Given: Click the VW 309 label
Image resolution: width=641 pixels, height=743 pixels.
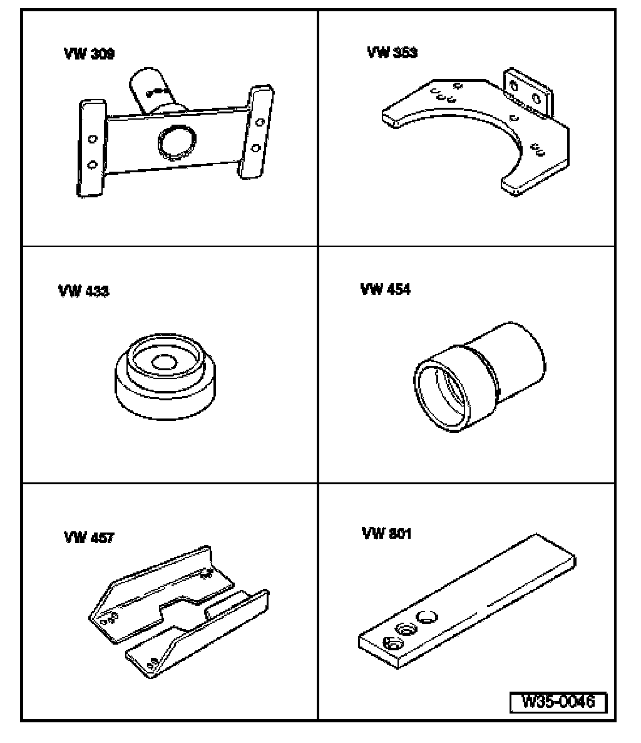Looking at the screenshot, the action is click(89, 53).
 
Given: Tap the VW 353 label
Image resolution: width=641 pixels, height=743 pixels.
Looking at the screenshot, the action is click(392, 52).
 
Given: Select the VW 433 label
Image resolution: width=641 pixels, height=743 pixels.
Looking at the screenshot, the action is click(84, 291).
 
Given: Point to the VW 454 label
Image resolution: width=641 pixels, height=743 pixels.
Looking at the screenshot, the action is click(386, 289).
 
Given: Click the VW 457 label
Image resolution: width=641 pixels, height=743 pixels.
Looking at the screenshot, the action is click(89, 538).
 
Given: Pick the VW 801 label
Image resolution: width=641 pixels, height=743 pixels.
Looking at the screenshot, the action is click(386, 533).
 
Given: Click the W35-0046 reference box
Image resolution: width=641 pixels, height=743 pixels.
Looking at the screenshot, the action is click(558, 702).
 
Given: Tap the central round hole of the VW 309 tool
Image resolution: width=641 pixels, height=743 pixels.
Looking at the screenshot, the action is click(177, 143).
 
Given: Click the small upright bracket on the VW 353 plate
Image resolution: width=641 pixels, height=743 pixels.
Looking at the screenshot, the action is click(527, 93).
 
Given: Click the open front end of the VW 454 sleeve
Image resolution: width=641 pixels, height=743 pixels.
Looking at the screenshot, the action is click(442, 395).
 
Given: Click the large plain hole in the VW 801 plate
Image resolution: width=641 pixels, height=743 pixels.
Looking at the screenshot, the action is click(426, 617).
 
